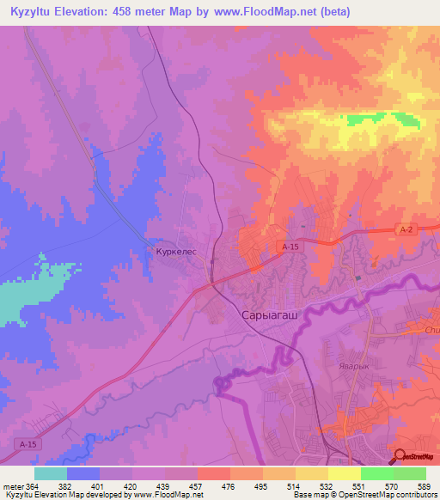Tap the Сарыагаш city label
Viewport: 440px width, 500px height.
point(266,315)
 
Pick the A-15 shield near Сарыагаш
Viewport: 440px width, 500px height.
point(291,247)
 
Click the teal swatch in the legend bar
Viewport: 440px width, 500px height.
point(51,473)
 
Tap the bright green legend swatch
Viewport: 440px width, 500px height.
point(376,473)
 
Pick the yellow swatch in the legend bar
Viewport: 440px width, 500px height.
point(344,473)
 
